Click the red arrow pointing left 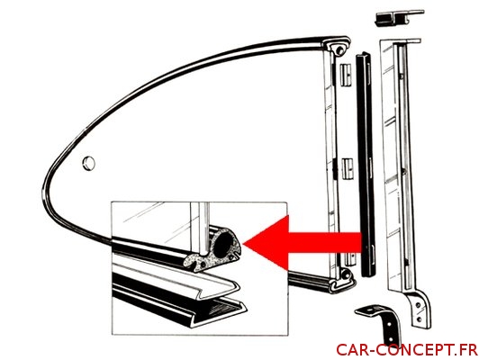coord(303,243)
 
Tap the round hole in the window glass coord(89,164)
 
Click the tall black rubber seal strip coord(366,165)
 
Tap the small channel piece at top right coord(399,18)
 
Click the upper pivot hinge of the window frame coord(337,47)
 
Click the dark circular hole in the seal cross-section coord(222,242)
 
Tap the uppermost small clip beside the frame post coord(346,75)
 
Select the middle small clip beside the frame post coord(347,168)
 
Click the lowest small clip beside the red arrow coord(351,259)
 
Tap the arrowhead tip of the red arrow coord(244,243)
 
